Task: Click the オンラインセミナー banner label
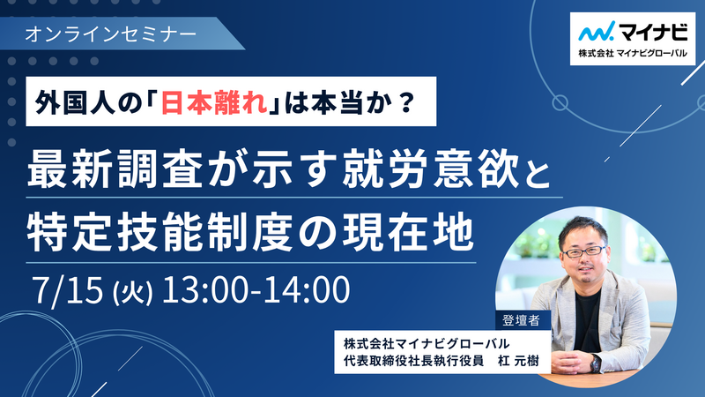tap(111, 34)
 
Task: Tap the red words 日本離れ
tap(214, 102)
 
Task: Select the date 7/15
tap(68, 290)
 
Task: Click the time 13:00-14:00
tap(256, 289)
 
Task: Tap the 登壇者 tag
tap(521, 320)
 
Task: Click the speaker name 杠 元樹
tap(518, 361)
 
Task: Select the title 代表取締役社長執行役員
tap(413, 361)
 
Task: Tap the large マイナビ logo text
tap(653, 31)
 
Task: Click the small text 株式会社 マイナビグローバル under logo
tap(633, 53)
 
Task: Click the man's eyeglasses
tap(584, 251)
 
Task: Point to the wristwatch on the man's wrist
tap(596, 363)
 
